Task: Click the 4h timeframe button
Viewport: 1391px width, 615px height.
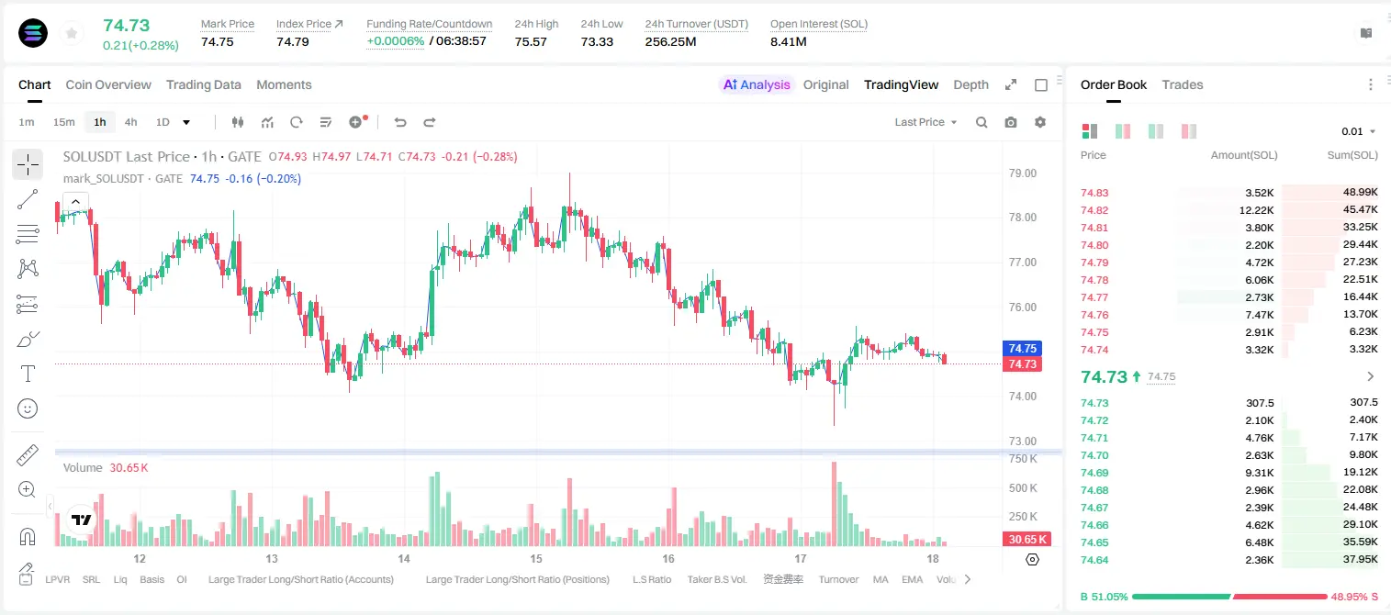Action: click(130, 122)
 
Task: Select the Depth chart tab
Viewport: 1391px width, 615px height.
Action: click(970, 84)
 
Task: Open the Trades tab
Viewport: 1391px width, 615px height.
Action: click(1183, 84)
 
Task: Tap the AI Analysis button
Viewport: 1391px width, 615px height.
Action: click(757, 84)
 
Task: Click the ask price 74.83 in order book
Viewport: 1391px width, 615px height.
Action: click(1094, 193)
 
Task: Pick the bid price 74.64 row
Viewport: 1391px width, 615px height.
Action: click(1094, 560)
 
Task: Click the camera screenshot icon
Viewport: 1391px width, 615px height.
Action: click(1011, 122)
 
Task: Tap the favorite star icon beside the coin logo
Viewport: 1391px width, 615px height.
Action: click(72, 33)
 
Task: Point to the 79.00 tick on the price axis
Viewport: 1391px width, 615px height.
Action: click(1022, 173)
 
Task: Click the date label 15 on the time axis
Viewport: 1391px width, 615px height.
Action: click(536, 558)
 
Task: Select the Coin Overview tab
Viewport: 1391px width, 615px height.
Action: click(108, 84)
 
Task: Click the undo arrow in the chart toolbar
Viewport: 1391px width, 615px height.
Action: click(400, 122)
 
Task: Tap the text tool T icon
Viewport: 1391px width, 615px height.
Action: click(28, 374)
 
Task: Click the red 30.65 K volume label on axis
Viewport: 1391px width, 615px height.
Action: click(1027, 540)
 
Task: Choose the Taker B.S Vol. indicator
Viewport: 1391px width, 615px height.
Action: click(716, 579)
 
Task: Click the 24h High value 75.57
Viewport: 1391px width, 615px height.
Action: click(531, 41)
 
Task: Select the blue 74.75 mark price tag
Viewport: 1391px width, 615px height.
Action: click(1022, 348)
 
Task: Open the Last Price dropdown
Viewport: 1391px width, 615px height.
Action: click(925, 122)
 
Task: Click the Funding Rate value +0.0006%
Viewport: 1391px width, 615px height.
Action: click(395, 41)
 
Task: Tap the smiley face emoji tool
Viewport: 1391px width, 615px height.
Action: click(28, 408)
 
